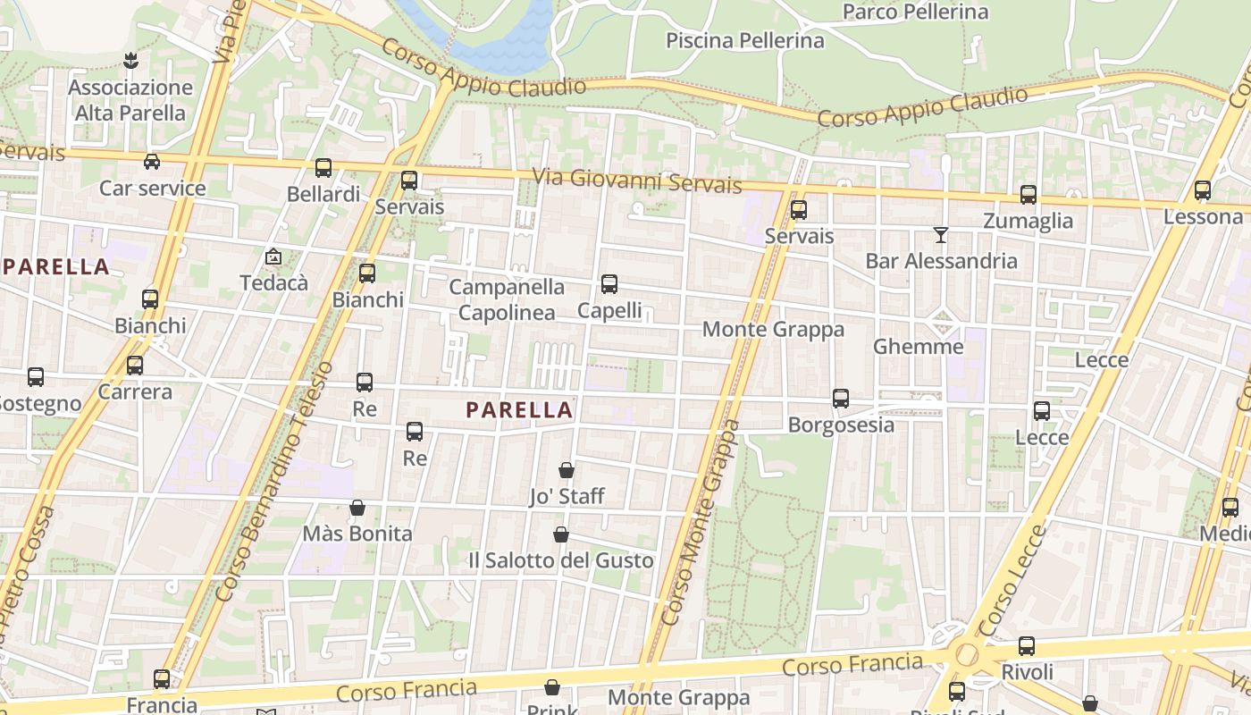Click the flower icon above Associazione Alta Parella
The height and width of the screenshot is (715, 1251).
(130, 61)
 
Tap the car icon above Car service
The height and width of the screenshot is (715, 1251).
(152, 162)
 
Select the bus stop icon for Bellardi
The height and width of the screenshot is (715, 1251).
(323, 168)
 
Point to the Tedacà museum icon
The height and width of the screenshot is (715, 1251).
(273, 257)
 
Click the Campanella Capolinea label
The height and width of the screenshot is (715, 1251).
(507, 299)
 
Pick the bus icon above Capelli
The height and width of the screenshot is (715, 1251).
(609, 284)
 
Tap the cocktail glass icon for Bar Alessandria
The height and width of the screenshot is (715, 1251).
(941, 235)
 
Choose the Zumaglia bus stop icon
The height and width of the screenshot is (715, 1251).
(1029, 195)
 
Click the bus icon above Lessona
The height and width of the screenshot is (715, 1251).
(1203, 190)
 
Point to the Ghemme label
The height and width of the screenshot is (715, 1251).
(919, 347)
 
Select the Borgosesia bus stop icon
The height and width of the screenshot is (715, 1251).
(841, 399)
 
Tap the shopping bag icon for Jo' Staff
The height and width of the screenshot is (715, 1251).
(567, 470)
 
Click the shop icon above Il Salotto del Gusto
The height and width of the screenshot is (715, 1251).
(561, 534)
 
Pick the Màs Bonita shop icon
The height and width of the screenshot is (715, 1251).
(357, 508)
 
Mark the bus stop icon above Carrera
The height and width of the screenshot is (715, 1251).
(135, 366)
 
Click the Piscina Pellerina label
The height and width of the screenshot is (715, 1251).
(745, 40)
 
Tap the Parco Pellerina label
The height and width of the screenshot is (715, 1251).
(916, 12)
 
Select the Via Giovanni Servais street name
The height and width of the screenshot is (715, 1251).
(637, 181)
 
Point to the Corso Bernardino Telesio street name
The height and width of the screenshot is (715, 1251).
(275, 482)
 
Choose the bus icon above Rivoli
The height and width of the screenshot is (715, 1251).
(1027, 646)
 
